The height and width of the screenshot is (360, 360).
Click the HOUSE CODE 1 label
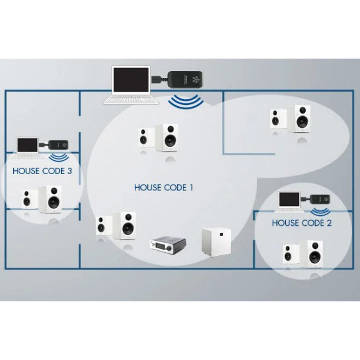[163, 188]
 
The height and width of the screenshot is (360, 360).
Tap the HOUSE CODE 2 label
[302, 223]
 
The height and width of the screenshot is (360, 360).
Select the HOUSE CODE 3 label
[42, 171]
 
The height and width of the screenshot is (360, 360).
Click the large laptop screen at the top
[131, 80]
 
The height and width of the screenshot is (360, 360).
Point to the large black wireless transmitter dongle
[185, 79]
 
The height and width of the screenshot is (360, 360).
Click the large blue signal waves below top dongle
[186, 102]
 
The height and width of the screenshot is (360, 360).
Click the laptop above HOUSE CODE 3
[27, 148]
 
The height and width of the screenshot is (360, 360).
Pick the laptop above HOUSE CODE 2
[289, 202]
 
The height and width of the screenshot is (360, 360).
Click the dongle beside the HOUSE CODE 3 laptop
[59, 145]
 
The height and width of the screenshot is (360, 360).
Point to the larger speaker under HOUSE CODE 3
[51, 199]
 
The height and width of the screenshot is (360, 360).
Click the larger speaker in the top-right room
[299, 119]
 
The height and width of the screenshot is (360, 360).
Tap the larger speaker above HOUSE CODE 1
[167, 137]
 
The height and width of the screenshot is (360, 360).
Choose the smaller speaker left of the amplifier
[101, 226]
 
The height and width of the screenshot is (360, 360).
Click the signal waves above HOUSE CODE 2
[321, 212]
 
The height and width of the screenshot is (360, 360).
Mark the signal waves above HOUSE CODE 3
[59, 157]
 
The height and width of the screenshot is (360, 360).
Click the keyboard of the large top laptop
[131, 99]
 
